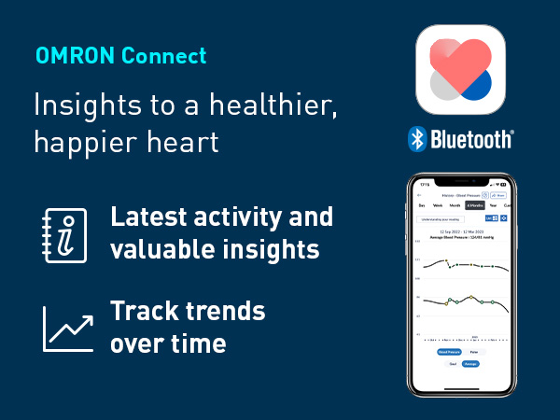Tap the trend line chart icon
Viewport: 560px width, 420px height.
[x=67, y=329]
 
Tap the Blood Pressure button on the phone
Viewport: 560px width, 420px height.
[x=450, y=352]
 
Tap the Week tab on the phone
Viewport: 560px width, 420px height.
[x=437, y=205]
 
